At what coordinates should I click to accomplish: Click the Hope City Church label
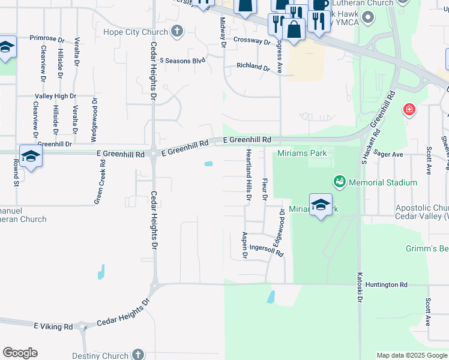tap(136, 32)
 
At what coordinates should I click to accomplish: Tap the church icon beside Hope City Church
tap(177, 31)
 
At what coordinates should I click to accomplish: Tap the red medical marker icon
tap(409, 110)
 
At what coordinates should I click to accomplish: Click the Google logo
tap(20, 353)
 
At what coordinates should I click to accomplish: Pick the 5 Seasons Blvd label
tap(182, 61)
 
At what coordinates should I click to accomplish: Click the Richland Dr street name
tap(253, 67)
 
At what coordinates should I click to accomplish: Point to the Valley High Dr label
tap(56, 96)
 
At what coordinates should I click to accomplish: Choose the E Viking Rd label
tap(53, 326)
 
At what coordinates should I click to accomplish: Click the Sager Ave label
tap(388, 154)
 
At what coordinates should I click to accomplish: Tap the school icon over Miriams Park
tap(321, 205)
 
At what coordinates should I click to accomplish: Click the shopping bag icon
tap(294, 29)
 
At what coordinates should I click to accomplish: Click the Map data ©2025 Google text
tap(411, 355)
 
